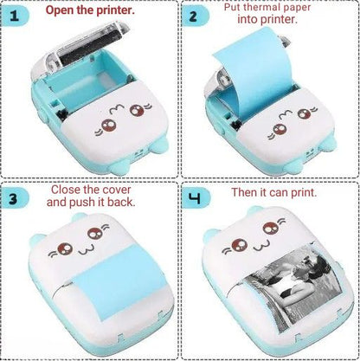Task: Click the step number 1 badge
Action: pyautogui.click(x=15, y=16)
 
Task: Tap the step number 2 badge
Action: pyautogui.click(x=195, y=16)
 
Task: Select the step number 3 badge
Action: pyautogui.click(x=15, y=198)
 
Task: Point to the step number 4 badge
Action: pyautogui.click(x=195, y=198)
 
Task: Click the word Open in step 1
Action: pyautogui.click(x=60, y=10)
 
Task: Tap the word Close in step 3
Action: pyautogui.click(x=65, y=190)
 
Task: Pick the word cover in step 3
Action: pyautogui.click(x=117, y=190)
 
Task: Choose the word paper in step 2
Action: pyautogui.click(x=298, y=8)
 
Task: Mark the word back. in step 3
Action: pyautogui.click(x=121, y=202)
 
